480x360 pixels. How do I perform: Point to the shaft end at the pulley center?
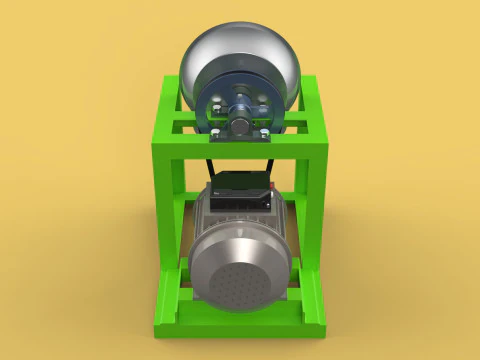pos(241,102)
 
